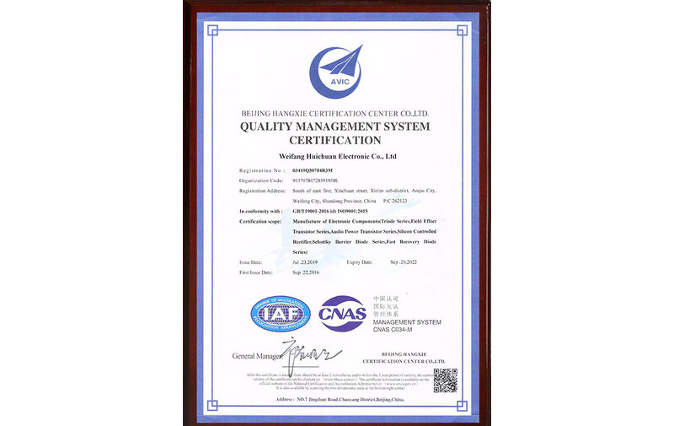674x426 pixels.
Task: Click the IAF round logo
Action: point(280,313)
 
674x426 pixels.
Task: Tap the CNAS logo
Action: point(342,314)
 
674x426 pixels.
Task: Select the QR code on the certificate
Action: point(445,380)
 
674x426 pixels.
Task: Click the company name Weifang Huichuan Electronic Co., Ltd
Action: point(336,156)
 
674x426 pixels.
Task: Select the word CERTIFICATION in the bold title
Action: point(335,140)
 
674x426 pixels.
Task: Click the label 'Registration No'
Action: point(263,171)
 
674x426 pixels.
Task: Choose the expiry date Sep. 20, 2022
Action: point(409,262)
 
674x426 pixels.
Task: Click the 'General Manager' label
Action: point(256,356)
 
